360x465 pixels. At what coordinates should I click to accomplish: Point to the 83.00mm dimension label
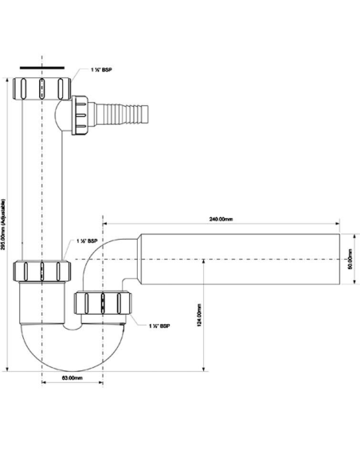(72, 377)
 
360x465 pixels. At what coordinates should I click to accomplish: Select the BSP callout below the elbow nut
(159, 326)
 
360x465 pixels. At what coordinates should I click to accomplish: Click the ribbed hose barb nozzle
(119, 107)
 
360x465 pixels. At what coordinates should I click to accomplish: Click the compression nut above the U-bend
(44, 272)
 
